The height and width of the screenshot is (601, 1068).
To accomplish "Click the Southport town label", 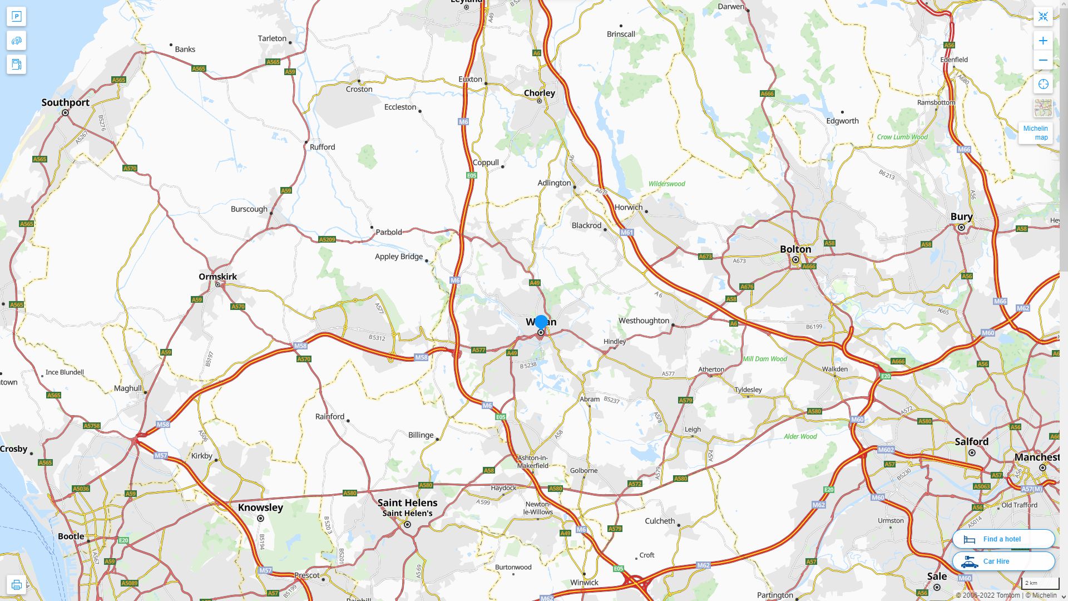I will point(65,102).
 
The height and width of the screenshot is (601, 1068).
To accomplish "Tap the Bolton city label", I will point(795,249).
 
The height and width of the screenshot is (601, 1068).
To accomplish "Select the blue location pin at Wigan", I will point(541,322).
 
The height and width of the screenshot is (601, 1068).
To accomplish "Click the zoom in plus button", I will point(1043,41).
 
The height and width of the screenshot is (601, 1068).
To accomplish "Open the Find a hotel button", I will point(1003,539).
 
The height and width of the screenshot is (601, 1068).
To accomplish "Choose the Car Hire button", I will point(1003,561).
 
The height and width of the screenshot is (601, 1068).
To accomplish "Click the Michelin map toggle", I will point(1035,132).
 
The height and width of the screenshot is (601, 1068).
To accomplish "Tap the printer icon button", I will point(16,585).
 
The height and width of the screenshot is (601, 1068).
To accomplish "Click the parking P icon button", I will point(16,17).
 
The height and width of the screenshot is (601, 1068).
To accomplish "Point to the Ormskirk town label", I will point(217,277).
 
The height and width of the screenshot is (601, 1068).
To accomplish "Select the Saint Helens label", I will point(407,503).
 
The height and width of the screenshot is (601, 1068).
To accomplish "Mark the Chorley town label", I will point(539,93).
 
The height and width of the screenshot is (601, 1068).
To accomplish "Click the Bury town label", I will point(961,216).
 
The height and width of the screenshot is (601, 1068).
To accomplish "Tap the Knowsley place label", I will point(260,507).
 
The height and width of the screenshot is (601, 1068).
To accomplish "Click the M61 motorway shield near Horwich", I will point(627,233).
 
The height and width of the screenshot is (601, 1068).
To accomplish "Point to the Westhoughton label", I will point(644,321).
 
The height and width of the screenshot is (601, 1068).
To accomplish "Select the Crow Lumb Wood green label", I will point(902,137).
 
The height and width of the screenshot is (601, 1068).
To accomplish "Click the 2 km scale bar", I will point(1040,583).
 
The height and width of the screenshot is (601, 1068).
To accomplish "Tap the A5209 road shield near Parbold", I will point(327,240).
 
